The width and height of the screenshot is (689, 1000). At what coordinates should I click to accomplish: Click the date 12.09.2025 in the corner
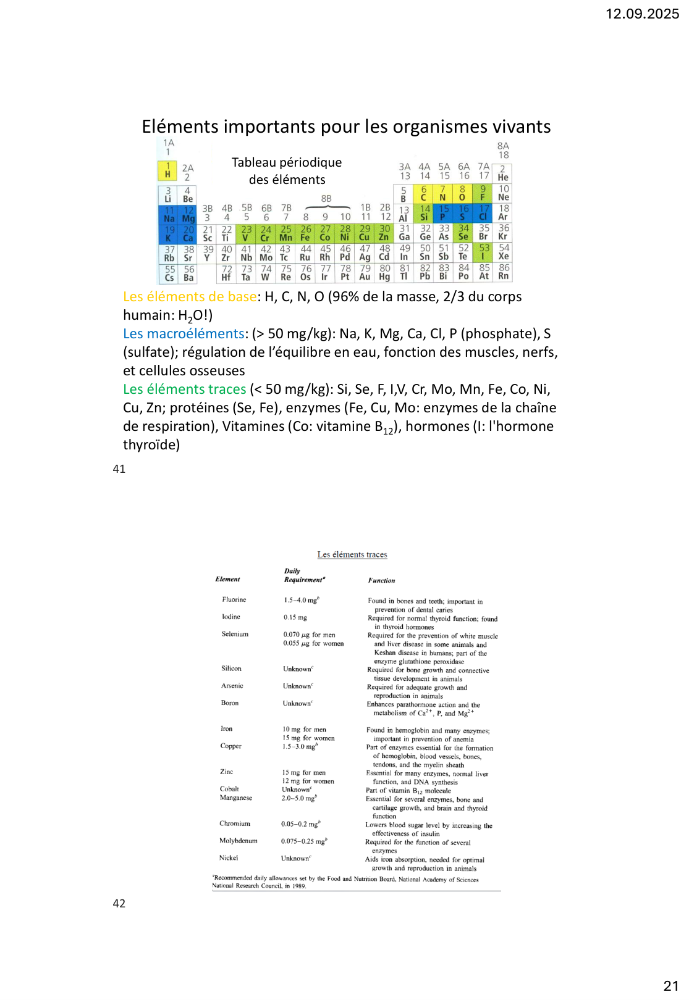pyautogui.click(x=642, y=14)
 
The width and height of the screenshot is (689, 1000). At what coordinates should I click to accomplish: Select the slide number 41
pyautogui.click(x=119, y=469)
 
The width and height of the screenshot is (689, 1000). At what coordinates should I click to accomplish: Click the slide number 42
pyautogui.click(x=119, y=904)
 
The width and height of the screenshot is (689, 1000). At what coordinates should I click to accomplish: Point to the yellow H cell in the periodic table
pyautogui.click(x=167, y=170)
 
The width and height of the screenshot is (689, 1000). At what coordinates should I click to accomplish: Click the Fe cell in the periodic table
pyautogui.click(x=305, y=233)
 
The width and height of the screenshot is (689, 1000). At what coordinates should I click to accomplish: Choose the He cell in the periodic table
pyautogui.click(x=503, y=173)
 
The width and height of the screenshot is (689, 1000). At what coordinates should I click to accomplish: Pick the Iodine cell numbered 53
pyautogui.click(x=484, y=252)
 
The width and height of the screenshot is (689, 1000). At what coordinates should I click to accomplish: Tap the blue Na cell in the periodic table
pyautogui.click(x=169, y=214)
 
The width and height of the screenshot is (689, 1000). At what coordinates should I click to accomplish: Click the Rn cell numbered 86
pyautogui.click(x=504, y=272)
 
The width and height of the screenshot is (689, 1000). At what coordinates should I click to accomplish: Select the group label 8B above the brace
pyautogui.click(x=326, y=199)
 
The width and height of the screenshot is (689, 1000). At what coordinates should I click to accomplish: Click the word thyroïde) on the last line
pyautogui.click(x=151, y=445)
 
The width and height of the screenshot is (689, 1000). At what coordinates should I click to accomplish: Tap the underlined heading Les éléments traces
pyautogui.click(x=352, y=554)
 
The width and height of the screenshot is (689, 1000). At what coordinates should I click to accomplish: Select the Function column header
pyautogui.click(x=381, y=580)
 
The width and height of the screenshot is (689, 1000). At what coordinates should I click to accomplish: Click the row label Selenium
pyautogui.click(x=235, y=634)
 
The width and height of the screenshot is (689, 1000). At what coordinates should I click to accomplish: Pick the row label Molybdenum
pyautogui.click(x=238, y=841)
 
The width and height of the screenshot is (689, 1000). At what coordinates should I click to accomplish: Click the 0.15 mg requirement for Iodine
pyautogui.click(x=295, y=617)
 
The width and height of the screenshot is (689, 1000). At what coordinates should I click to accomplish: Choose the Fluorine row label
pyautogui.click(x=234, y=599)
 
